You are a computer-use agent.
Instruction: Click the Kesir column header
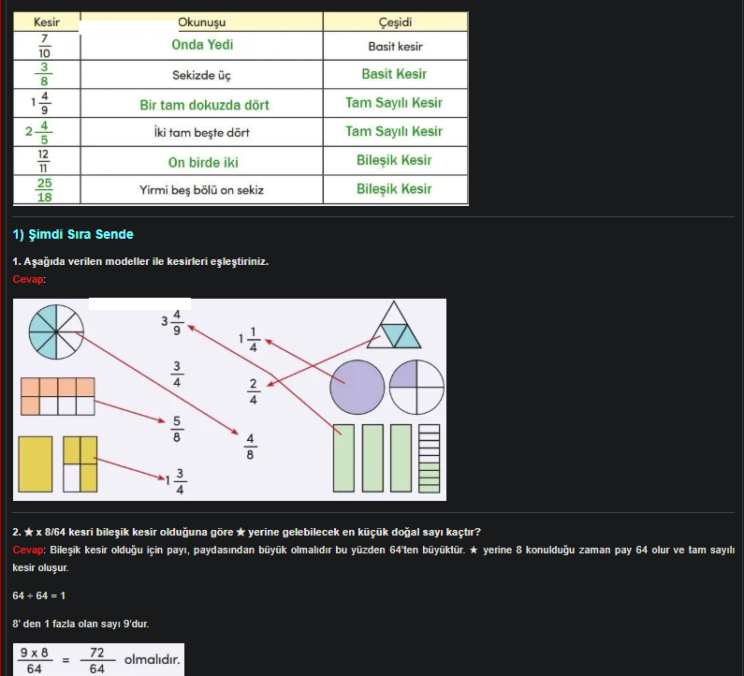[x=46, y=22]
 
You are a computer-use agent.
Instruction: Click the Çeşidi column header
[x=395, y=22]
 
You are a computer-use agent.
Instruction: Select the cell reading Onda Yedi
[x=202, y=45]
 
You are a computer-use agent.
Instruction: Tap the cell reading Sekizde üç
[x=202, y=75]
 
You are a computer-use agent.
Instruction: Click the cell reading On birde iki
[x=203, y=162]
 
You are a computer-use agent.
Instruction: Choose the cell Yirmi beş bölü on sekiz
[x=202, y=190]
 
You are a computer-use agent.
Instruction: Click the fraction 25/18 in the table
[x=45, y=190]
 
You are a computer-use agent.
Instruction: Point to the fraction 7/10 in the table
[x=45, y=46]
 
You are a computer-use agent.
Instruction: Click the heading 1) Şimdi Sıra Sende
[x=73, y=234]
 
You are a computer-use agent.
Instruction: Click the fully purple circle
[x=357, y=387]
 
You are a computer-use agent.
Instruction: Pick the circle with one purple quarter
[x=416, y=387]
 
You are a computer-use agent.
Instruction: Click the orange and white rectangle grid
[x=58, y=396]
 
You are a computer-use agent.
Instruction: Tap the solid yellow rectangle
[x=36, y=463]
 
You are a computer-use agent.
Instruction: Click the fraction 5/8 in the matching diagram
[x=177, y=429]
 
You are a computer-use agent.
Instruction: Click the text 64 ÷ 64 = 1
[x=39, y=595]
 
